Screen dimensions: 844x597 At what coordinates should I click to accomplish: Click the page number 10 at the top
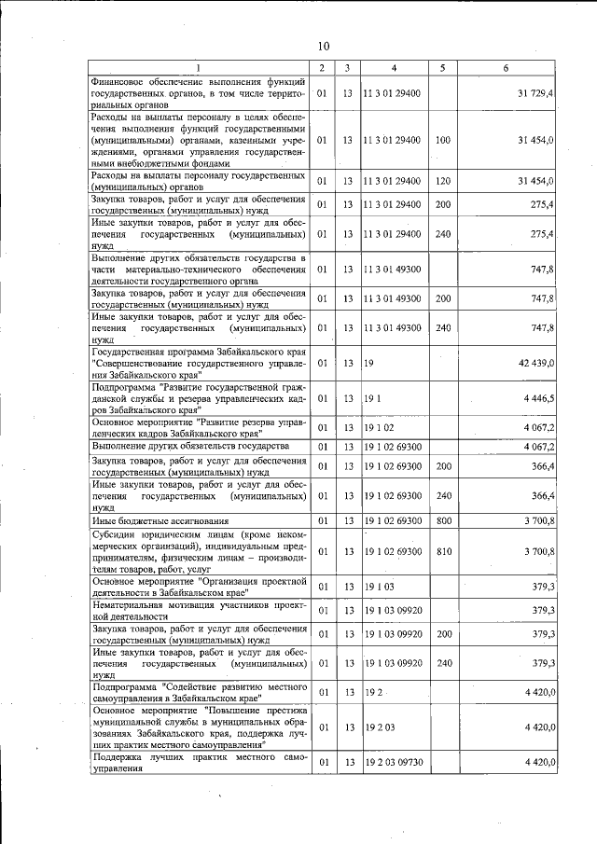tap(323, 45)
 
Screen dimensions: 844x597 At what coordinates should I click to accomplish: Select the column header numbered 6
tap(505, 68)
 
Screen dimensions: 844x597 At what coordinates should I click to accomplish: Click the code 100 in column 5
tap(442, 140)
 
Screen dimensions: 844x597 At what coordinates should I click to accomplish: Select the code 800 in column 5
tap(442, 520)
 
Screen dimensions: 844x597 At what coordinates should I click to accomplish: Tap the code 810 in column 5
tap(442, 552)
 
